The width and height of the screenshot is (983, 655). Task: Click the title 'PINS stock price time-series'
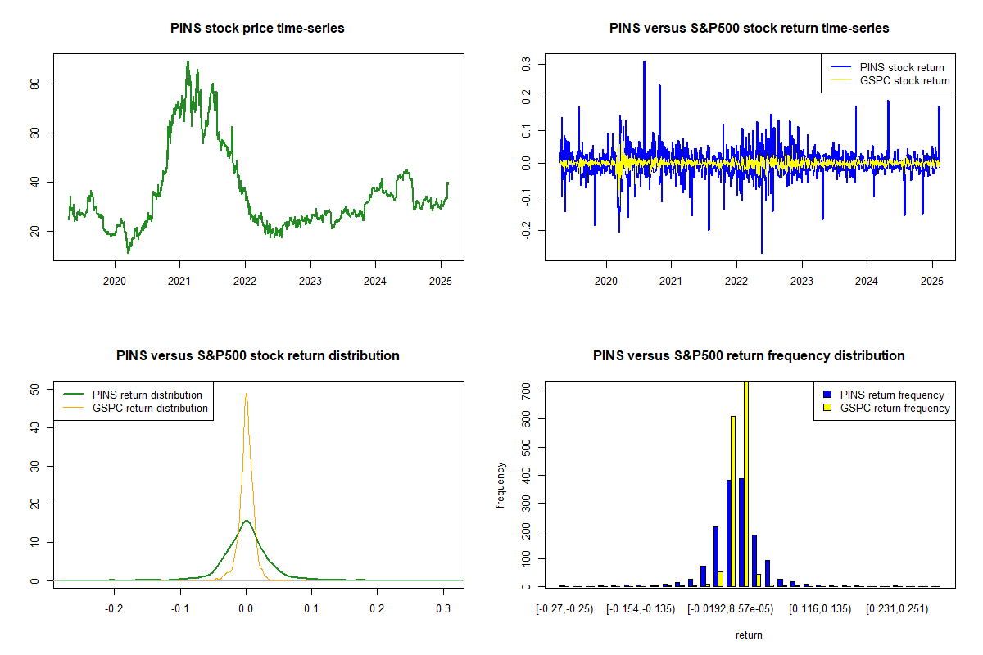(x=257, y=29)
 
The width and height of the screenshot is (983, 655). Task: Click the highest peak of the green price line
(x=188, y=61)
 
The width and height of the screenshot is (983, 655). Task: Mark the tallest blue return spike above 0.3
(x=644, y=61)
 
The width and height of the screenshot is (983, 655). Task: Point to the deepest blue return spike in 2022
(x=761, y=252)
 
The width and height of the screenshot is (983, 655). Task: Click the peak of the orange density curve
(x=246, y=394)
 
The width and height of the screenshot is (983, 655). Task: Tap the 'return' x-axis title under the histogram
(x=749, y=635)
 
